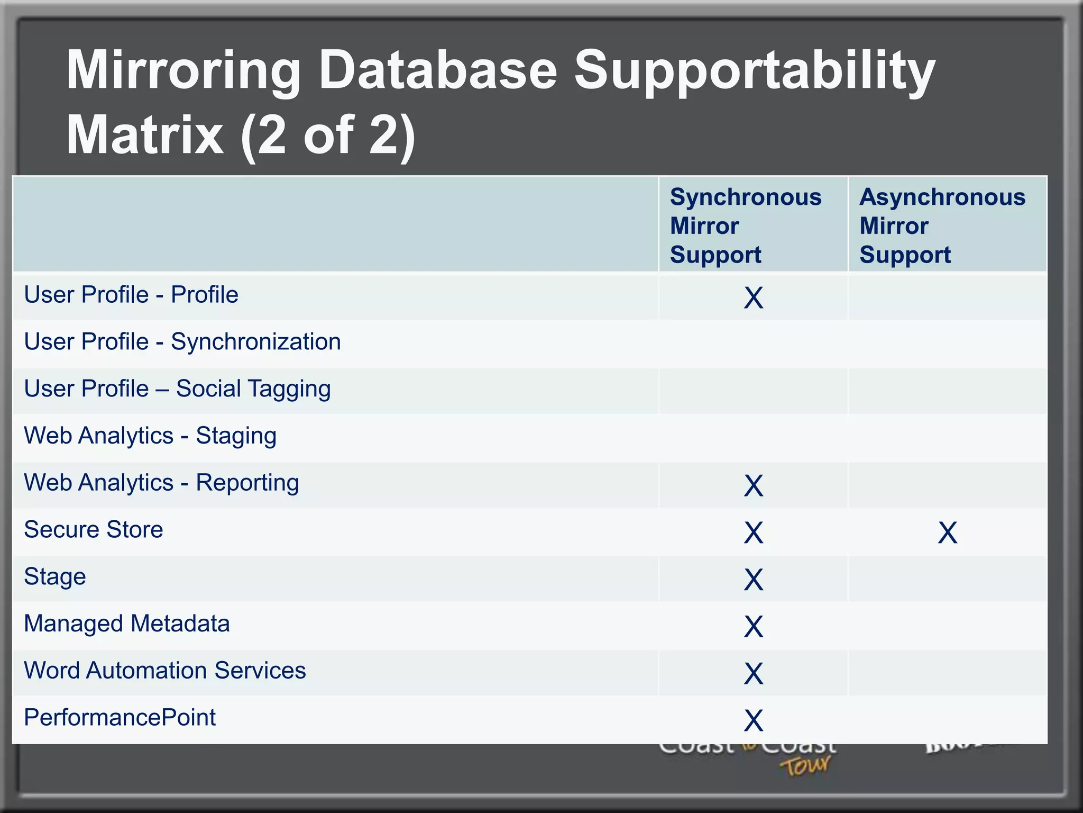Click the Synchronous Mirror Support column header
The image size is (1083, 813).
[x=746, y=225]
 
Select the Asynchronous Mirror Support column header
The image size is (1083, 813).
[x=942, y=225]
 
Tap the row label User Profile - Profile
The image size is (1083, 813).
[x=131, y=295]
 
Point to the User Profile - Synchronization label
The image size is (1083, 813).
[x=182, y=342]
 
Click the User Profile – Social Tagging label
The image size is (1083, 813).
[x=178, y=389]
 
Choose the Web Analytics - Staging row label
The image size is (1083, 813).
[x=150, y=436]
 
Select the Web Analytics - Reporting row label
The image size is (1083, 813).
[x=161, y=483]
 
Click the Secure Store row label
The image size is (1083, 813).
[x=94, y=530]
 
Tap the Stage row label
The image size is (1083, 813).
[x=55, y=577]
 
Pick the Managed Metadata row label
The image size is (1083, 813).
[x=127, y=624]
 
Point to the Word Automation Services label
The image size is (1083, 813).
[x=165, y=671]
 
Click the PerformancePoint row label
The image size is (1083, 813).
[x=120, y=718]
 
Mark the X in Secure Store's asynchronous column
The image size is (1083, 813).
[x=947, y=532]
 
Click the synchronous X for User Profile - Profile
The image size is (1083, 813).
[x=754, y=297]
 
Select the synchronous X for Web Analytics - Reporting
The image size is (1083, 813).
[x=754, y=485]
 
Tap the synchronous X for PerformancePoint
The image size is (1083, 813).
[x=754, y=720]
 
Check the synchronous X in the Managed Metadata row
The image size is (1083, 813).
[x=754, y=627]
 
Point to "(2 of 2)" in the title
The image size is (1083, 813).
[x=328, y=136]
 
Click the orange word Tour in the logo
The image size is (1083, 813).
[x=805, y=766]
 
